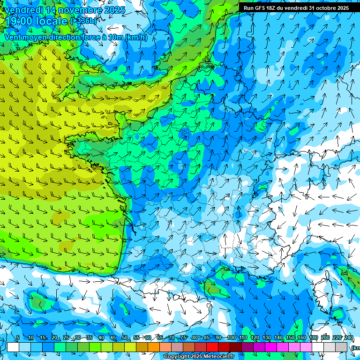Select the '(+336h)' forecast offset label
(x=83, y=21)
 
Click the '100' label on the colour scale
(x=231, y=337)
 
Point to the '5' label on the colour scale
(x=18, y=337)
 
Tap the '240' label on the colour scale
(x=349, y=337)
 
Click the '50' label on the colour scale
(x=125, y=337)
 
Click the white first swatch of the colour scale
(x=13, y=347)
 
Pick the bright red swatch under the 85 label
(x=212, y=347)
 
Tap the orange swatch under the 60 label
(x=153, y=347)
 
